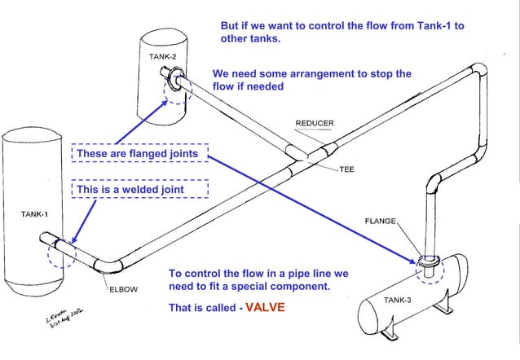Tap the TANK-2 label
click(162, 56)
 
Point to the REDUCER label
click(314, 124)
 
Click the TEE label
click(346, 170)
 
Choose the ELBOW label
click(123, 288)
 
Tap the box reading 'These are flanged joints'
click(140, 153)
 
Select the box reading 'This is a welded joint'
click(140, 190)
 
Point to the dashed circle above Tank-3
click(428, 268)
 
